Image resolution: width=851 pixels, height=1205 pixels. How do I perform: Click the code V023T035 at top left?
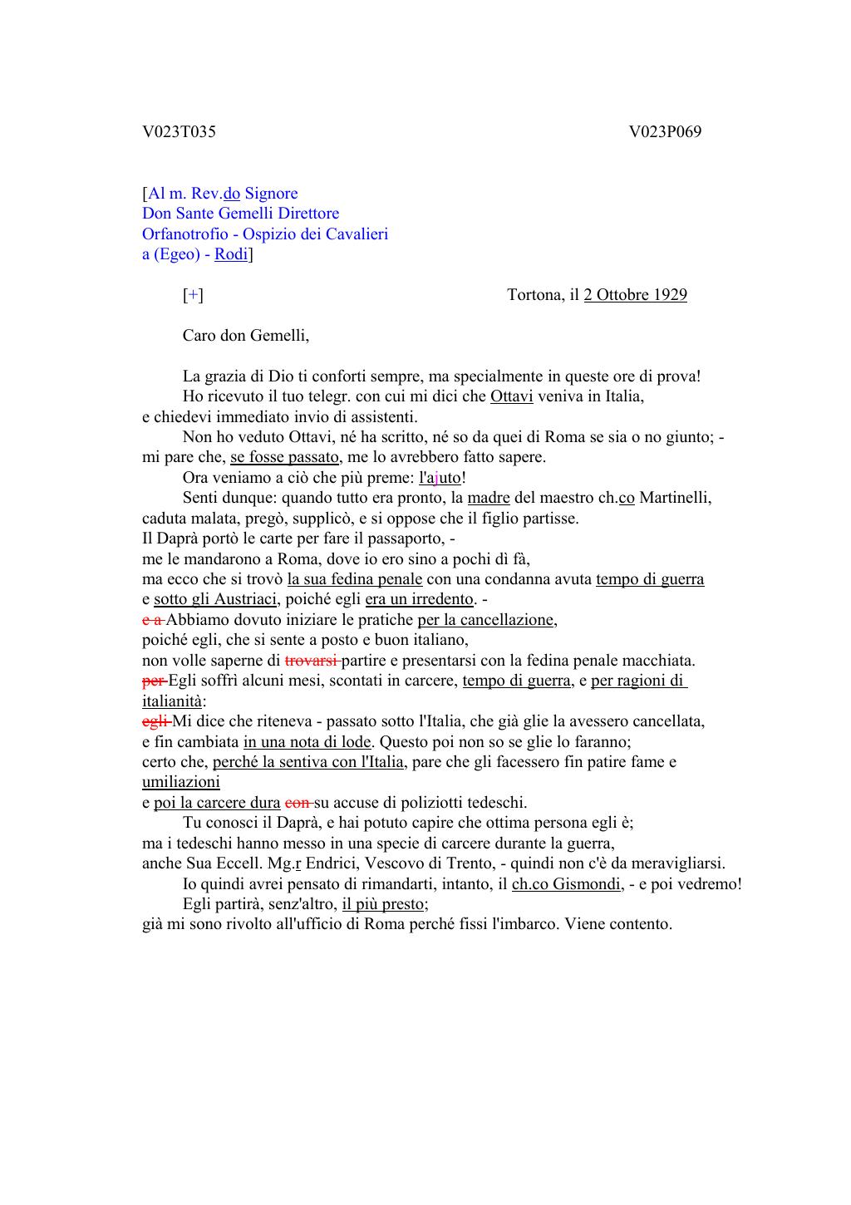pos(179,131)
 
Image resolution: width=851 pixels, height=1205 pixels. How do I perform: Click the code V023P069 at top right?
pos(665,131)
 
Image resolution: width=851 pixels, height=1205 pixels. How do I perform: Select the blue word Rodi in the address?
pos(231,254)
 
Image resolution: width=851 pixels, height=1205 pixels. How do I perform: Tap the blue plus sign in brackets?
pos(193,295)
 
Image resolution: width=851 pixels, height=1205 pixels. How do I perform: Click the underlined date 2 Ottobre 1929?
pos(635,295)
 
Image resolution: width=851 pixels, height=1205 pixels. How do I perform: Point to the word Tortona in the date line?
pos(534,295)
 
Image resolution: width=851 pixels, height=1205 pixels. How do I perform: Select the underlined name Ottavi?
pos(511,396)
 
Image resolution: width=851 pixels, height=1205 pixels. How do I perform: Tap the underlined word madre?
pos(489,498)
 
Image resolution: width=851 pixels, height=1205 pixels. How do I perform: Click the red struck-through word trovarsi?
pos(311,661)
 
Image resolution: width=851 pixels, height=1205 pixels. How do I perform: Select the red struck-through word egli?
pos(155,721)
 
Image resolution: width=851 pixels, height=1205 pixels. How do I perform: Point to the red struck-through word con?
pos(297,803)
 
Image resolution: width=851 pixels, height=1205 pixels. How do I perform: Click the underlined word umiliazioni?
pos(180,782)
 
